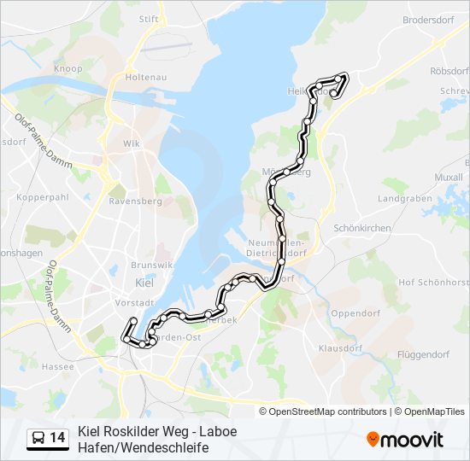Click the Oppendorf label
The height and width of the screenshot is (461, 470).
(354, 313)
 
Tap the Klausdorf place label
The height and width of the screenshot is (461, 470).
(341, 348)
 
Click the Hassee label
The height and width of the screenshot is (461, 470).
(58, 365)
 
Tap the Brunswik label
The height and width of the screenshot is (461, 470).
(146, 266)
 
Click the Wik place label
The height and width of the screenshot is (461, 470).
(131, 143)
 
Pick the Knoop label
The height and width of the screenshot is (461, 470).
(68, 68)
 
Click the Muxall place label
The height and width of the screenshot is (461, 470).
(448, 178)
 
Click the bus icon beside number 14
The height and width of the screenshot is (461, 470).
(38, 438)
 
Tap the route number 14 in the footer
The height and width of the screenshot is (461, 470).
(57, 438)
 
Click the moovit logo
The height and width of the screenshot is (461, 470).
(405, 440)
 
